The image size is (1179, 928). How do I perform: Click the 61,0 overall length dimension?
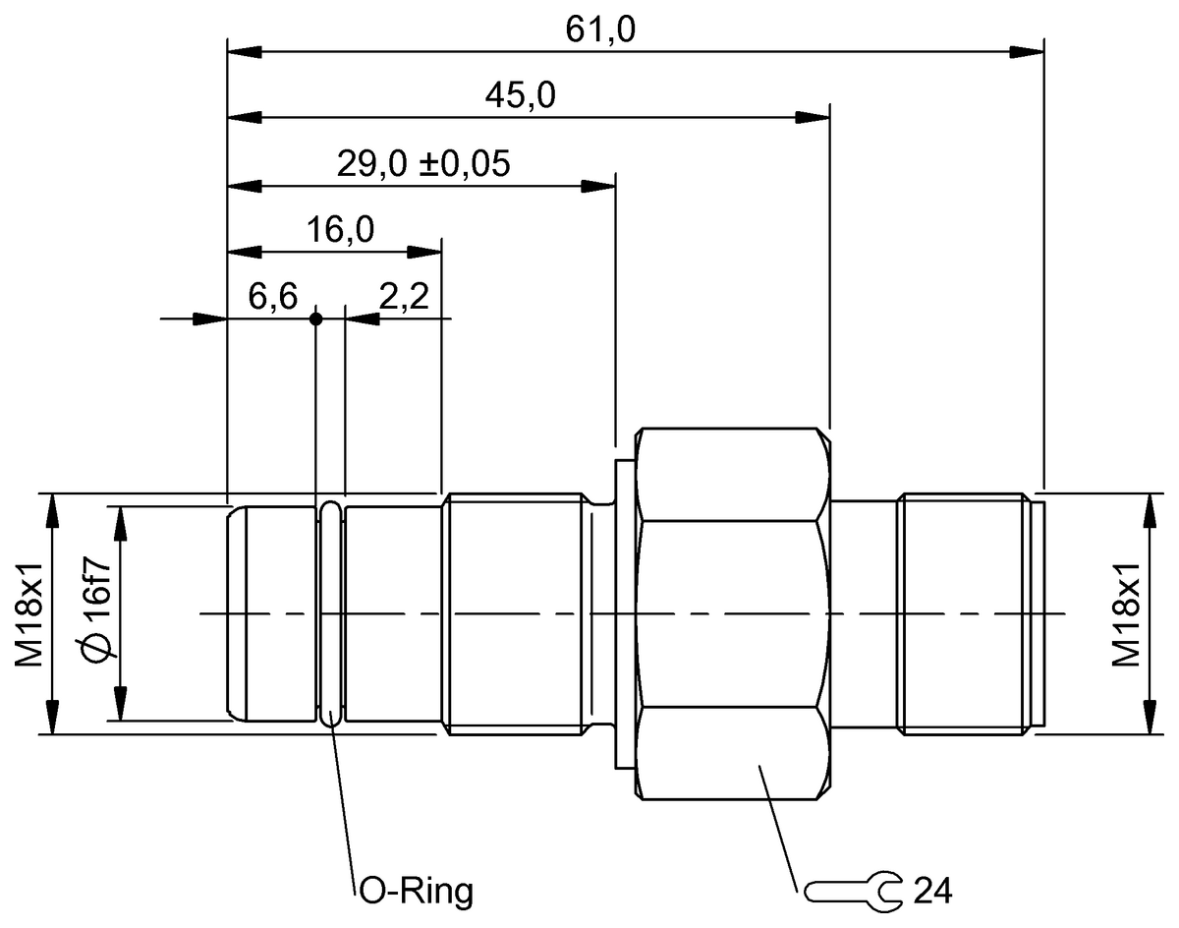pyautogui.click(x=600, y=29)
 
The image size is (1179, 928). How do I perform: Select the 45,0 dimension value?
pyautogui.click(x=520, y=95)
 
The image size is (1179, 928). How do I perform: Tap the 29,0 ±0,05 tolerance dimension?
pyautogui.click(x=423, y=163)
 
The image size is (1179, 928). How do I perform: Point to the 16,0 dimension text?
pyautogui.click(x=340, y=230)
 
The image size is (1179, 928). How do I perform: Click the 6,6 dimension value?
pyautogui.click(x=272, y=298)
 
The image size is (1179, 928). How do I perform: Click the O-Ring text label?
pyautogui.click(x=414, y=892)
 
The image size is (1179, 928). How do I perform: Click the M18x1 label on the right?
pyautogui.click(x=1125, y=614)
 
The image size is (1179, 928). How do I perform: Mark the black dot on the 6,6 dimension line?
pyautogui.click(x=315, y=319)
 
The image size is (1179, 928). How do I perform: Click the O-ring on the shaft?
pyautogui.click(x=331, y=614)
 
